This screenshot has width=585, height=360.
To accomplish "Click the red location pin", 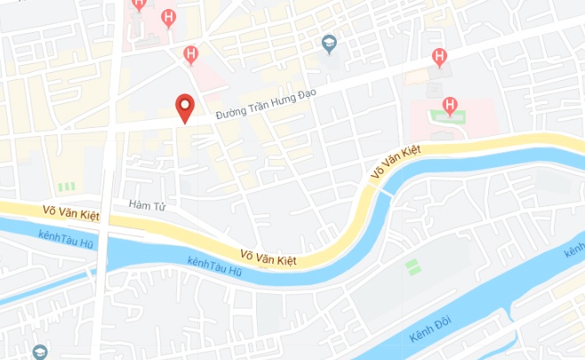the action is click(x=184, y=108).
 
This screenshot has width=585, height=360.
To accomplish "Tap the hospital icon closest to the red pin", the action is click(x=189, y=55).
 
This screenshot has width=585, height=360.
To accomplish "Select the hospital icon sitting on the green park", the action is click(x=451, y=108).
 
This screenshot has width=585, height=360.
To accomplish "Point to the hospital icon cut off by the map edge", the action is click(x=139, y=4).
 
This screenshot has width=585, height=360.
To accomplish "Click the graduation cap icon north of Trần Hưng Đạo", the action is click(x=329, y=42).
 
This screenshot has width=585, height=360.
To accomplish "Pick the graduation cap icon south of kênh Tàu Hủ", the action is click(x=38, y=351).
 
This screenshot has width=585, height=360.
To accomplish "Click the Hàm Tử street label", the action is click(x=148, y=205).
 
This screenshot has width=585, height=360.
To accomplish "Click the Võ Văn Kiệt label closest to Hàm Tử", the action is click(x=71, y=212).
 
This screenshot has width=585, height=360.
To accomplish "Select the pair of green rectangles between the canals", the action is click(x=411, y=265).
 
